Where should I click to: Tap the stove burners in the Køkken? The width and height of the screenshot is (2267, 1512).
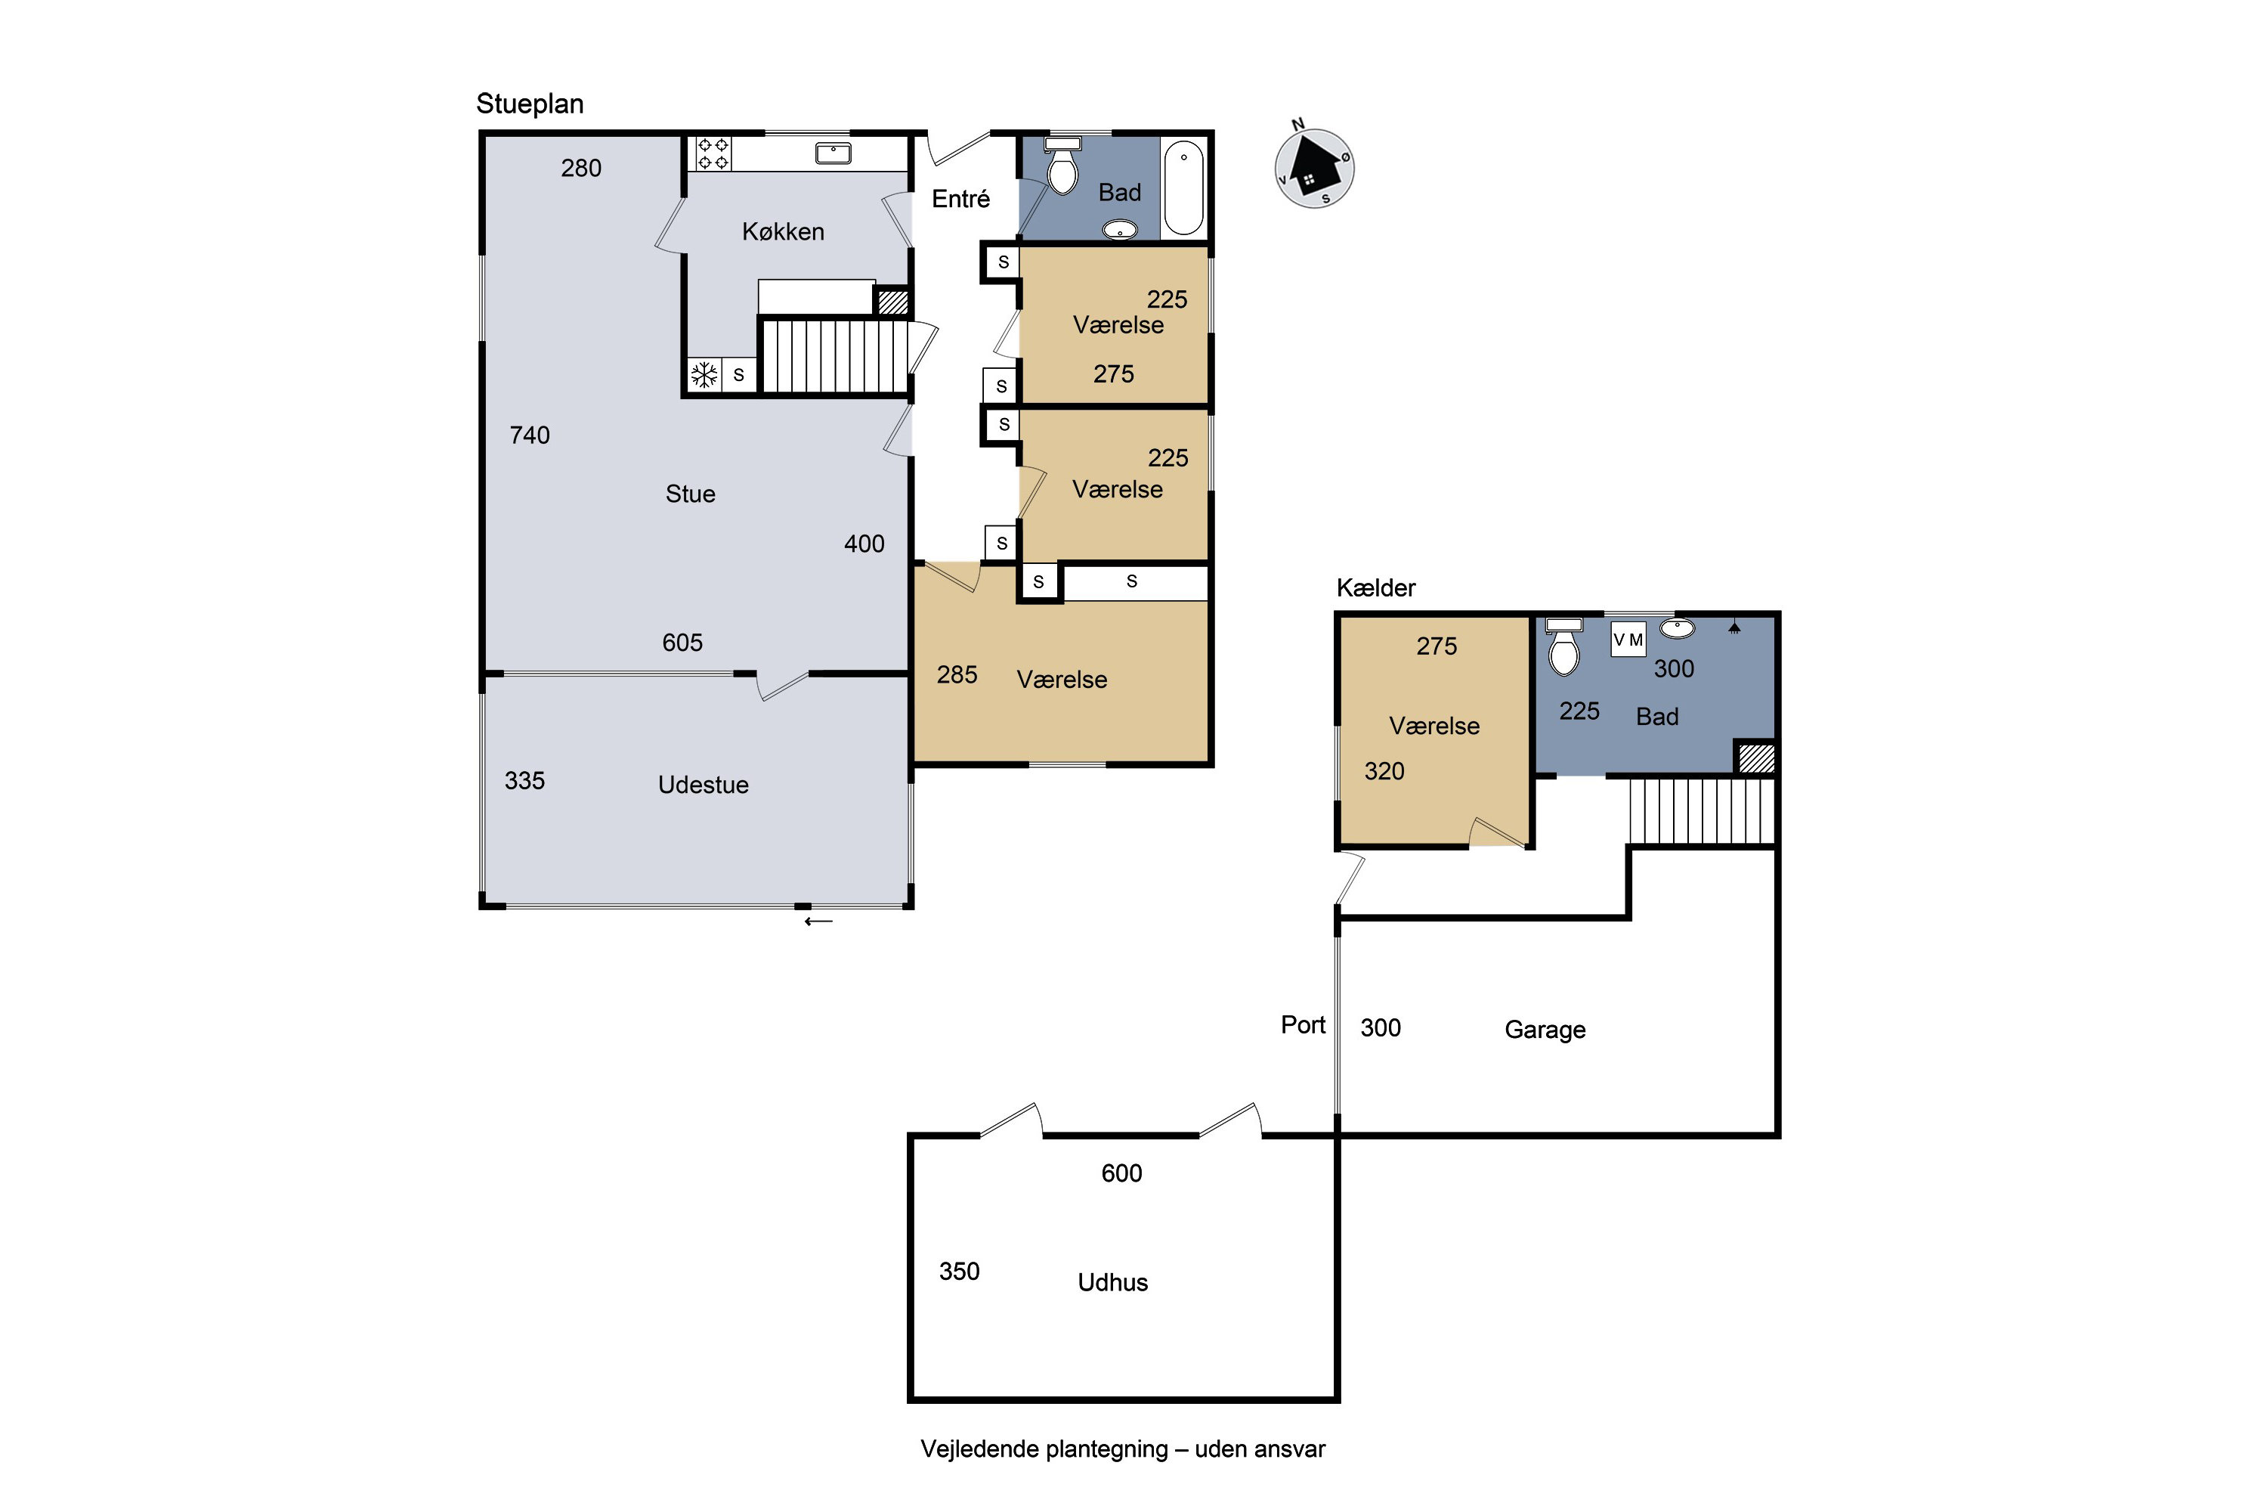pos(713,153)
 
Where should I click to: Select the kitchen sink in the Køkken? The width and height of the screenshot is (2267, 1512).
pos(833,153)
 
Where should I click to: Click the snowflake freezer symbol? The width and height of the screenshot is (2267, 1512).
pos(704,375)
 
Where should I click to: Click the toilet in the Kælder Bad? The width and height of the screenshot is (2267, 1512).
pos(1563,646)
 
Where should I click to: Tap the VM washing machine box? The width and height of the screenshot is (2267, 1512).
pos(1628,640)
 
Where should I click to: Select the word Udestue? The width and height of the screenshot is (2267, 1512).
pos(704,785)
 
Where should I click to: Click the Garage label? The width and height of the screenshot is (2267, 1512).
pos(1545,1030)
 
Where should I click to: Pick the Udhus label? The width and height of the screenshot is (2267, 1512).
pos(1113,1282)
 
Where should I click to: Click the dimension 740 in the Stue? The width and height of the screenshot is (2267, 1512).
pos(530,435)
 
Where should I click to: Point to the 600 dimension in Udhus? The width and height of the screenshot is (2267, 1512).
pos(1122,1173)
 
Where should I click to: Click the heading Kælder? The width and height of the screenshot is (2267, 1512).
pos(1376,588)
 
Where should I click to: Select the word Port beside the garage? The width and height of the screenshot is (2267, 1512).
pos(1303,1025)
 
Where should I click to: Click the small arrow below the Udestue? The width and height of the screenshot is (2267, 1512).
pos(818,922)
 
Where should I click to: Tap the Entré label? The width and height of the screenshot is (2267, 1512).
pos(961,199)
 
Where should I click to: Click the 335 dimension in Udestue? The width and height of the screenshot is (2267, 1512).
pos(525,780)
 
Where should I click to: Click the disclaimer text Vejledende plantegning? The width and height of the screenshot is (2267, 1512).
pos(1045,1449)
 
